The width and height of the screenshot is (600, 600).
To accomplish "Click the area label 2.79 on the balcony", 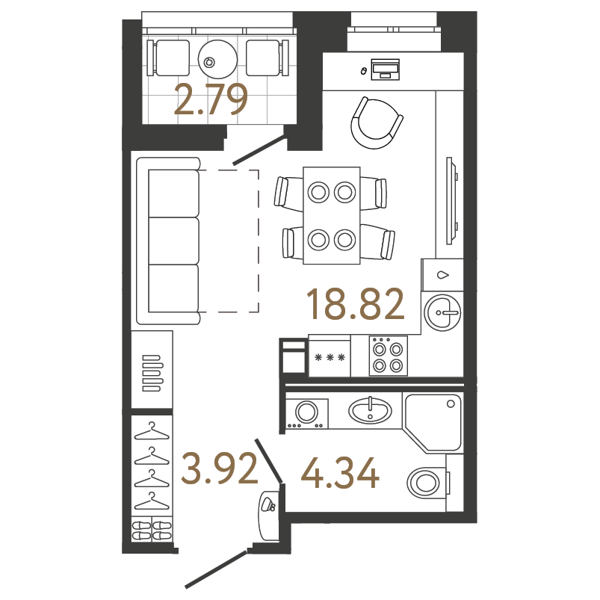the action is click(211, 100).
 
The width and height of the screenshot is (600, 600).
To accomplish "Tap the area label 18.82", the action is click(356, 304).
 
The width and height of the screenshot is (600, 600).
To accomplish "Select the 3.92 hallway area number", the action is click(220, 468).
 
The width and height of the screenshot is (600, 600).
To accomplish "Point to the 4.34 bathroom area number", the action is click(340, 473).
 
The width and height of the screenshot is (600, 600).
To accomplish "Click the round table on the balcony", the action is click(217, 58).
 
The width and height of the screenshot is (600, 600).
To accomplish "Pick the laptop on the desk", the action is click(386, 69).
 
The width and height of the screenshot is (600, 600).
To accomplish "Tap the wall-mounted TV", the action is click(451, 200).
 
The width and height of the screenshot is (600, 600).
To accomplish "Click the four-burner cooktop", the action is click(388, 356).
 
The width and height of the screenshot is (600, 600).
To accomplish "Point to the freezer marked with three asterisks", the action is click(330, 358).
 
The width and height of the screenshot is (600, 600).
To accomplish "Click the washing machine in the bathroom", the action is click(307, 414).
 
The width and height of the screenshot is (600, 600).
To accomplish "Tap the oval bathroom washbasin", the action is click(370, 411).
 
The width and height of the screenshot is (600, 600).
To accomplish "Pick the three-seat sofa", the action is click(168, 241).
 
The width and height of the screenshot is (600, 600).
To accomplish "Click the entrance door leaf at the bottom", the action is click(216, 568).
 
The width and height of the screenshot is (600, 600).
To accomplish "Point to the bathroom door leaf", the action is click(269, 461).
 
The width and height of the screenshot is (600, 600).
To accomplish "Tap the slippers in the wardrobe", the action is click(152, 530).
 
